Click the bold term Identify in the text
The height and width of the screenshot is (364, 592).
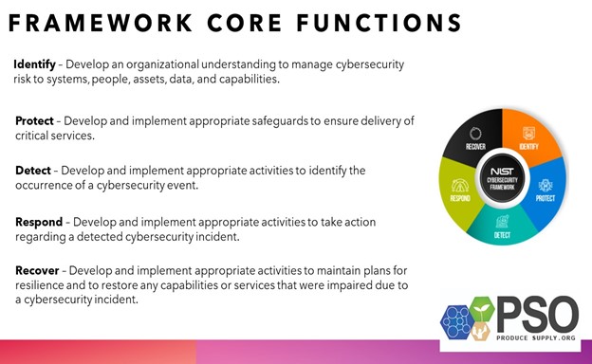pyautogui.click(x=33, y=64)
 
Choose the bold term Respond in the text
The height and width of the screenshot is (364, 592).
pyautogui.click(x=38, y=222)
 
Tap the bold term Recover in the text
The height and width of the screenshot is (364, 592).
pyautogui.click(x=36, y=271)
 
